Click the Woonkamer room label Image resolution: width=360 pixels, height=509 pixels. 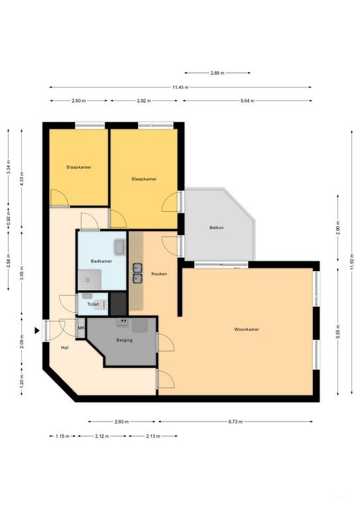247,329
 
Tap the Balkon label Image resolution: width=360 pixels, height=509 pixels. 217,227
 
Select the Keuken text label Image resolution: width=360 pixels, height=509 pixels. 159,274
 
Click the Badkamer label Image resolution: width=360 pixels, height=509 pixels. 101,261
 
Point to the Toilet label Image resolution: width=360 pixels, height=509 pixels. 93,304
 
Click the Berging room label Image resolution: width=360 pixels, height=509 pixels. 125,340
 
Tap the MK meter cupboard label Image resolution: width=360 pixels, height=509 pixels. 81,328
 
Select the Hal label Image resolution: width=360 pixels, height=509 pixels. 64,348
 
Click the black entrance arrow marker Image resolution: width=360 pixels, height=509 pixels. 37,331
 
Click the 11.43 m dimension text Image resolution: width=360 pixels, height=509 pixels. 180,87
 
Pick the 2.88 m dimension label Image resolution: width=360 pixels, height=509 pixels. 217,73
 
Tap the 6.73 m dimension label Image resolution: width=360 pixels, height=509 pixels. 235,422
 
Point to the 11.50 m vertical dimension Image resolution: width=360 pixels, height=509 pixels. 352,262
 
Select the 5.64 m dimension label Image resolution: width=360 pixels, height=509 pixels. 247,101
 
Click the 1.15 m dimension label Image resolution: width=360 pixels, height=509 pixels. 62,436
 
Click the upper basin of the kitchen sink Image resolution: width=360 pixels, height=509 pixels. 138,268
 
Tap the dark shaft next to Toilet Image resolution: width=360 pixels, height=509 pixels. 118,304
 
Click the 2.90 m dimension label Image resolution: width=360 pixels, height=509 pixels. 338,227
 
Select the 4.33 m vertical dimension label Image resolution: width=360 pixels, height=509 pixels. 22,178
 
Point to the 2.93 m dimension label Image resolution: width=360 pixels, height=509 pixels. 122,422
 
